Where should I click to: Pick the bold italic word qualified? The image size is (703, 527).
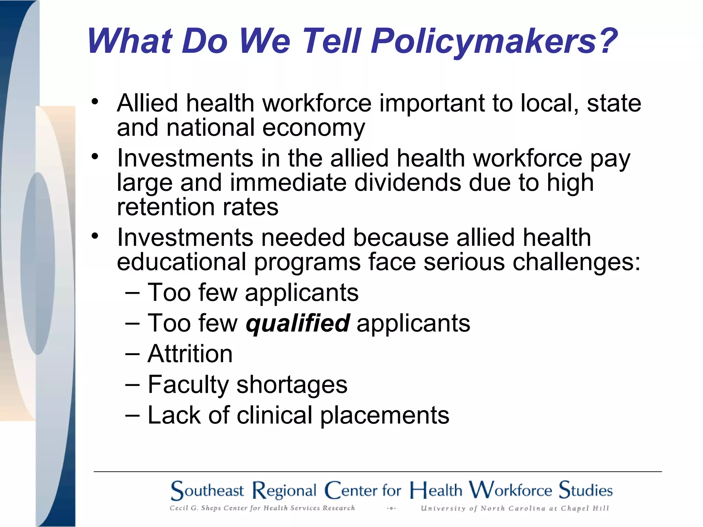click(x=298, y=323)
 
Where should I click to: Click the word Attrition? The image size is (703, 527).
click(x=190, y=354)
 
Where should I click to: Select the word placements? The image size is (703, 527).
click(x=385, y=415)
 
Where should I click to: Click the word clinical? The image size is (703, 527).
click(x=275, y=415)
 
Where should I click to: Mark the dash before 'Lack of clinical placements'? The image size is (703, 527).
click(x=132, y=415)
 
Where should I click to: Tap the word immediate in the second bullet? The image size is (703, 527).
click(x=288, y=183)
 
